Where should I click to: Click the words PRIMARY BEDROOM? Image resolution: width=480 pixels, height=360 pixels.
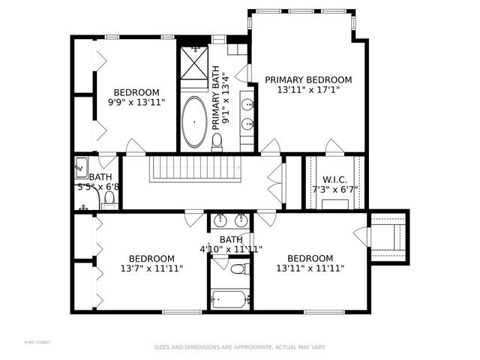(307, 80)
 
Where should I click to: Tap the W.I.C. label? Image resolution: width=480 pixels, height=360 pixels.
(334, 179)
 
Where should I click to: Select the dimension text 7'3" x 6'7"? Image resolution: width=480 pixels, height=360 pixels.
(334, 190)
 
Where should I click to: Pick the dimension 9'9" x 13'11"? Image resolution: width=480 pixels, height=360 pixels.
(136, 103)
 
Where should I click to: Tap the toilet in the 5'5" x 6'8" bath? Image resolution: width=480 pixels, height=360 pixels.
(109, 199)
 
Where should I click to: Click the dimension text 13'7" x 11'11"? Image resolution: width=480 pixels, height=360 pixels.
(151, 268)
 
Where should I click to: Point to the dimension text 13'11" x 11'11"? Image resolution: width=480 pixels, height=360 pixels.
(310, 268)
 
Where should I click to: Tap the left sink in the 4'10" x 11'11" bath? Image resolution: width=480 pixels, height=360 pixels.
(220, 220)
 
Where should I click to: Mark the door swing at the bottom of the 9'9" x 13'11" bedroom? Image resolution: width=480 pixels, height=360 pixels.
(135, 147)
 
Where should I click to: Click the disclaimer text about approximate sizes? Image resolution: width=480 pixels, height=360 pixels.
(240, 347)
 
